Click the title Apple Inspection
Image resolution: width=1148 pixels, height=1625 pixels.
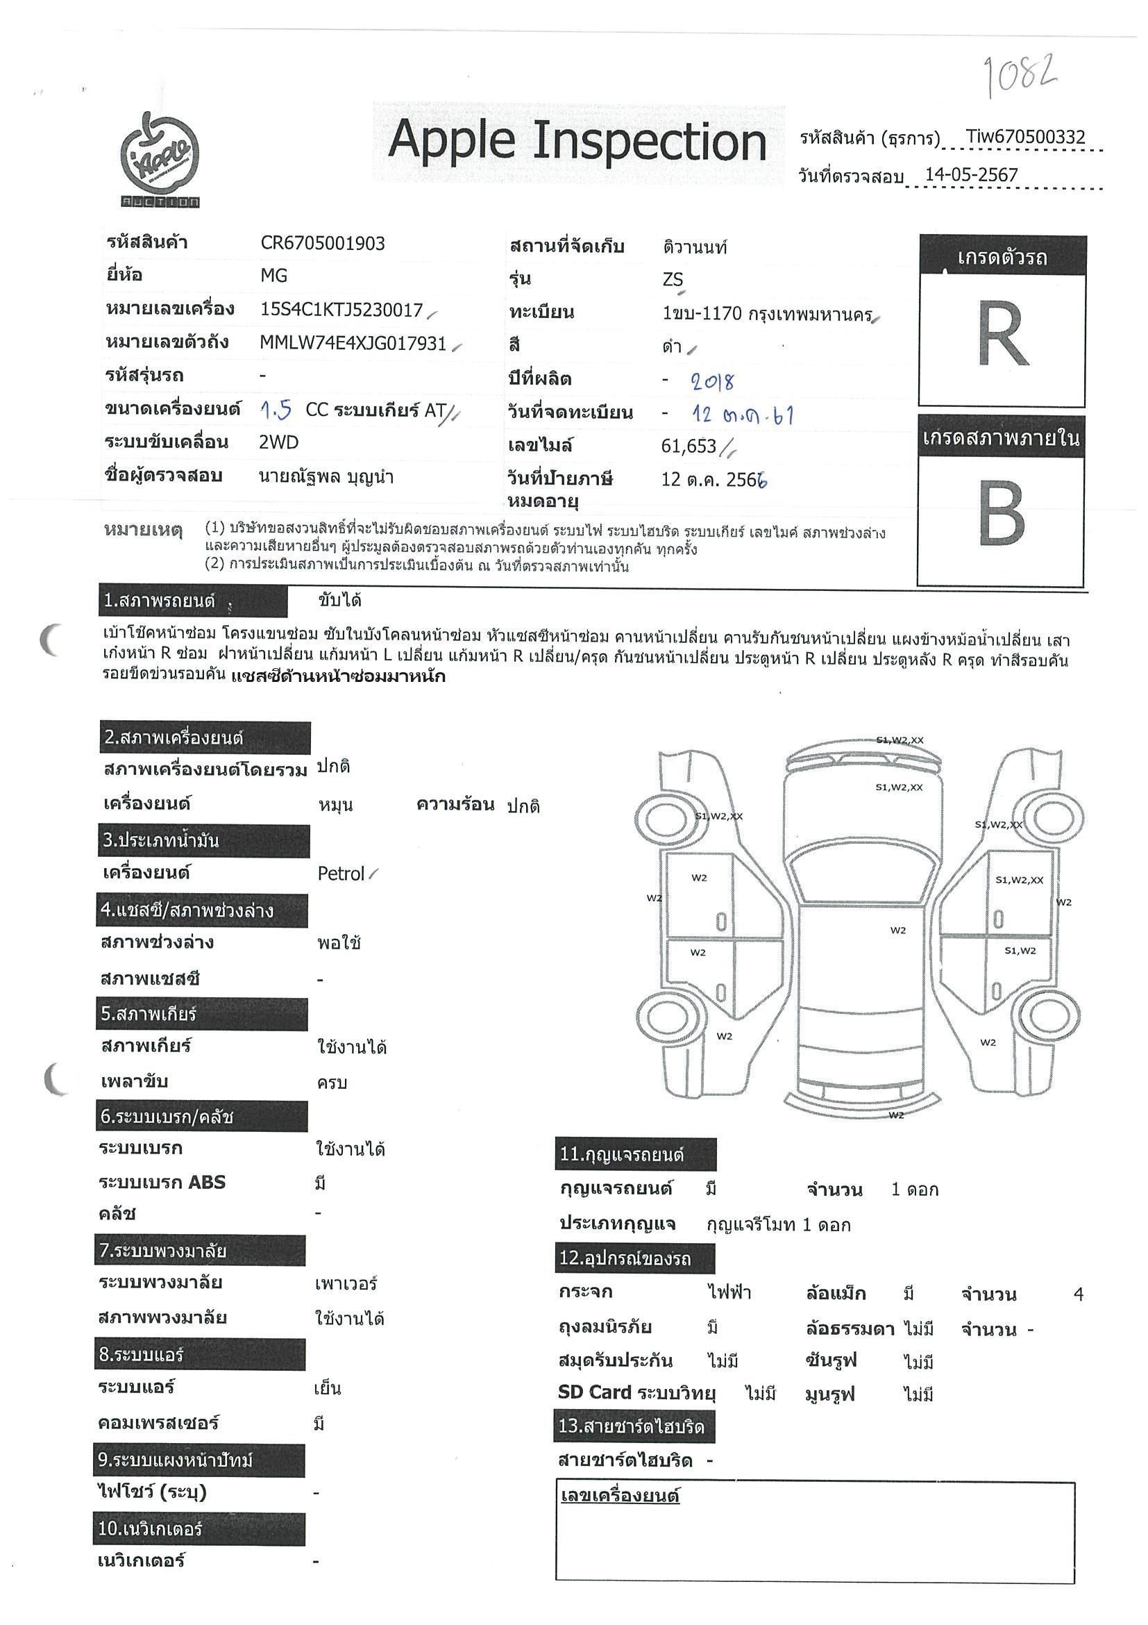click(577, 142)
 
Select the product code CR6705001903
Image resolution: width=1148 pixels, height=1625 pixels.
click(323, 244)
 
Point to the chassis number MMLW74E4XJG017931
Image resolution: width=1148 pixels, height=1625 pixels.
click(353, 343)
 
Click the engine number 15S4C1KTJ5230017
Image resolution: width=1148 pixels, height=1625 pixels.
click(341, 310)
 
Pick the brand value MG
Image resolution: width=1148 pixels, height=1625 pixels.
click(273, 275)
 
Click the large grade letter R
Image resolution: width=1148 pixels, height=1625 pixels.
click(1002, 334)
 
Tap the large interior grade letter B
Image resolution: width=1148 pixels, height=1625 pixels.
click(1001, 513)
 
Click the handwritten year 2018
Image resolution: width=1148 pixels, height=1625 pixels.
click(713, 382)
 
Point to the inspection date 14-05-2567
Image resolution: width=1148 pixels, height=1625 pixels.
click(971, 176)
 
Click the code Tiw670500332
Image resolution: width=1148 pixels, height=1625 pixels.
click(1025, 137)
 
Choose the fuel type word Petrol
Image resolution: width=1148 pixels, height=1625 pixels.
click(341, 874)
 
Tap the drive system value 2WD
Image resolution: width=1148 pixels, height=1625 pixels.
click(279, 442)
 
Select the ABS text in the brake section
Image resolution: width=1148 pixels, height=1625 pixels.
click(206, 1182)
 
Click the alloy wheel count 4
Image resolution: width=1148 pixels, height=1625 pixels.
click(1078, 1294)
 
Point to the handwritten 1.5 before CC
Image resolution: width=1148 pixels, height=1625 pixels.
click(276, 410)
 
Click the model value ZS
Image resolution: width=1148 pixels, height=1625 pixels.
click(673, 280)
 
